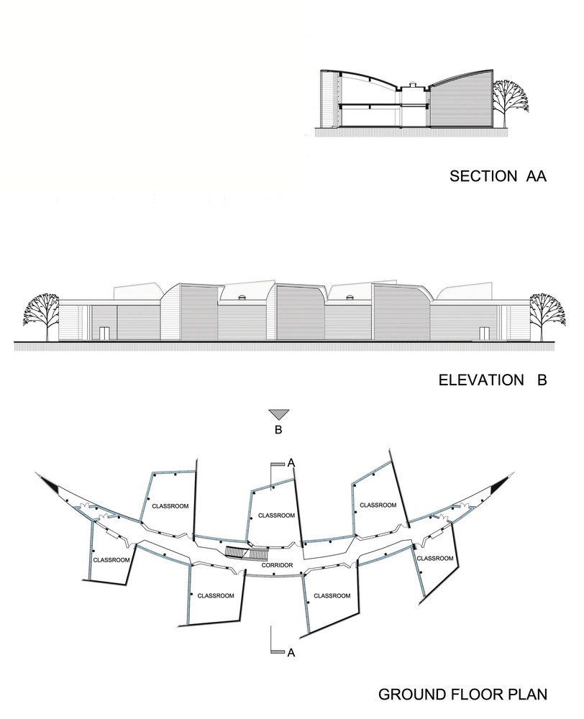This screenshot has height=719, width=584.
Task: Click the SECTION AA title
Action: click(498, 176)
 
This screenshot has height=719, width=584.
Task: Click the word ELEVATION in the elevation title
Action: click(480, 380)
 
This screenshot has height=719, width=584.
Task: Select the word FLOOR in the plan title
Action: click(463, 694)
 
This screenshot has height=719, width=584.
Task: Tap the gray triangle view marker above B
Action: click(279, 414)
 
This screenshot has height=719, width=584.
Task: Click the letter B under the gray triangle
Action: click(278, 430)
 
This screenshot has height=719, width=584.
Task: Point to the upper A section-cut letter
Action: click(291, 463)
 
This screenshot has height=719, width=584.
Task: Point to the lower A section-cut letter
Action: click(291, 653)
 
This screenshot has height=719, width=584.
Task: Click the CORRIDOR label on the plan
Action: click(277, 565)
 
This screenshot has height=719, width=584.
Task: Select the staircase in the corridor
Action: click(247, 554)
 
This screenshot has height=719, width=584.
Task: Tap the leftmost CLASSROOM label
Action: click(111, 560)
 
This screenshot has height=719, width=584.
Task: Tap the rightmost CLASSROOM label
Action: click(435, 558)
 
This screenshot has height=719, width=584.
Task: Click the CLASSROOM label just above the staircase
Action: click(276, 516)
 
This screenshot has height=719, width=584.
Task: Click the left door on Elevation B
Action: click(105, 334)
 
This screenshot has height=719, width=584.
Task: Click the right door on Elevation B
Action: click(485, 334)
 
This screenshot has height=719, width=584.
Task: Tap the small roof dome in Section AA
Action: click(412, 84)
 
